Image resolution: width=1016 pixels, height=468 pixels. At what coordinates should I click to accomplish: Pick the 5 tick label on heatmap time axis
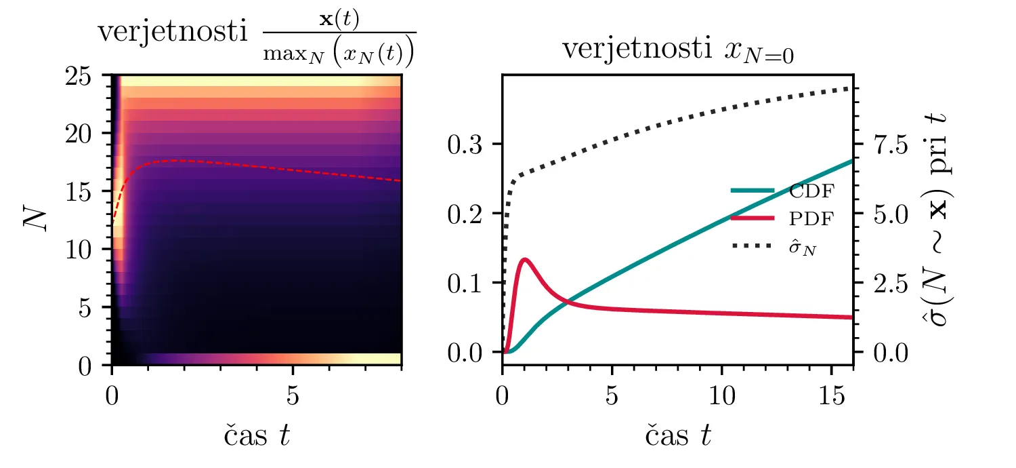[293, 397]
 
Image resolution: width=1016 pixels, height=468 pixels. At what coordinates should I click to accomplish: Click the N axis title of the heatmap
[34, 220]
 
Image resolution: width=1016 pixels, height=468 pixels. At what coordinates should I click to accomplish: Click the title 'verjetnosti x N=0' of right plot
[677, 50]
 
